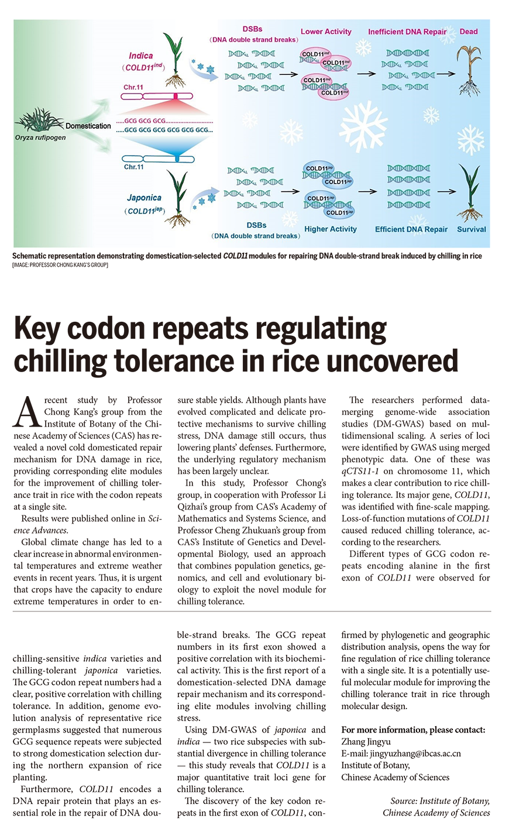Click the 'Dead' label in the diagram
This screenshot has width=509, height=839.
(x=468, y=32)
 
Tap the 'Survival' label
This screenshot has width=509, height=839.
(x=471, y=229)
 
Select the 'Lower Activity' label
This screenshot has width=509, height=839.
(x=326, y=32)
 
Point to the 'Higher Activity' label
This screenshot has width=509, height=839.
(x=330, y=229)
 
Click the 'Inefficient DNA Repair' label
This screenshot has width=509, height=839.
(x=407, y=32)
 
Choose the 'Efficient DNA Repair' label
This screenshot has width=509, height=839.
(x=411, y=229)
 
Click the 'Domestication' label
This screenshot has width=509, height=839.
(x=88, y=126)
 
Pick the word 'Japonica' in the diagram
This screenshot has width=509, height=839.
(x=144, y=198)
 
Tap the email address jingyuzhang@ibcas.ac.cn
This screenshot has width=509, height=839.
(x=401, y=754)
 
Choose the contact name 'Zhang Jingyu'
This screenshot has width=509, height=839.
(x=366, y=742)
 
